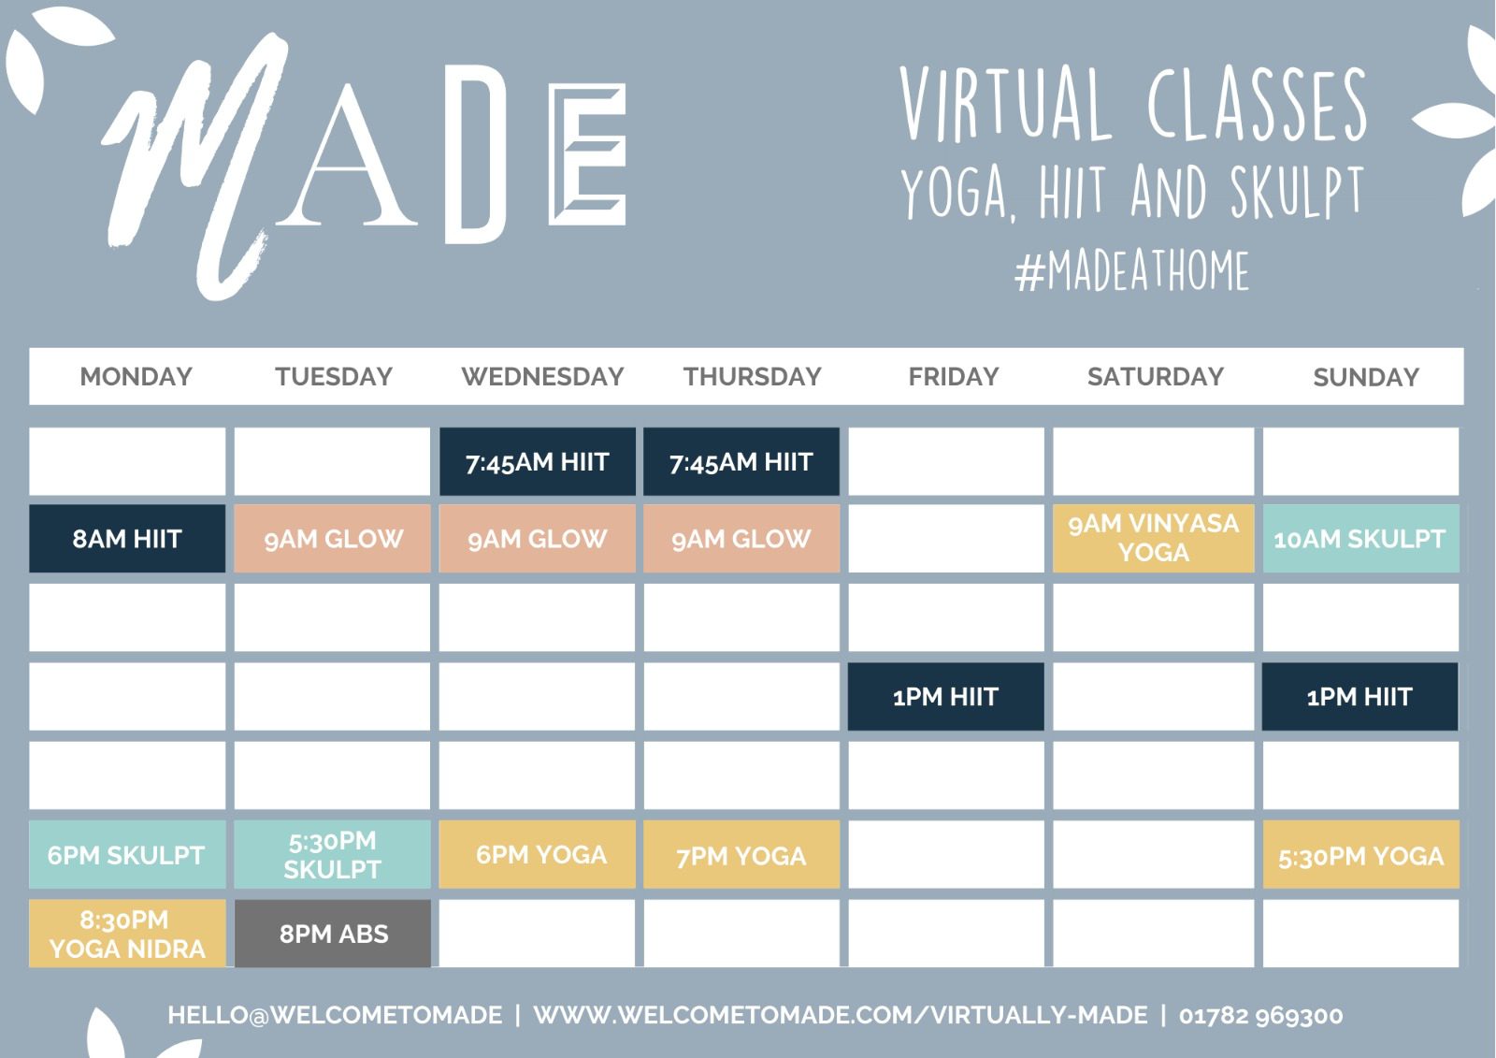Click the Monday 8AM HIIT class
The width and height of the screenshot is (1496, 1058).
click(x=127, y=538)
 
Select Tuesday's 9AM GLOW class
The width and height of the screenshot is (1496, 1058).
click(x=333, y=538)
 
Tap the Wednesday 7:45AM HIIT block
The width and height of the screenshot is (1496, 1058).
click(x=538, y=461)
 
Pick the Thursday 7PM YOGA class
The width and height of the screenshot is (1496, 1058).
click(x=741, y=855)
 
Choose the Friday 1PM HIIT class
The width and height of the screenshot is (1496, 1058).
click(x=945, y=696)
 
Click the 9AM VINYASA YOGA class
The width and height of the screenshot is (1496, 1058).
click(x=1154, y=538)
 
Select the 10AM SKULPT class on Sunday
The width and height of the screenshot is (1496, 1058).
click(x=1360, y=538)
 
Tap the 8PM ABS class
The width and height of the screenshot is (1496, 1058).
click(x=333, y=933)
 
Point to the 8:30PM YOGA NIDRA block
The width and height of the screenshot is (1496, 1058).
click(x=127, y=933)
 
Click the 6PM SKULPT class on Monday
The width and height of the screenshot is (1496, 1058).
click(x=127, y=855)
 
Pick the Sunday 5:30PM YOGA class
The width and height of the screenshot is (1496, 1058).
click(x=1360, y=855)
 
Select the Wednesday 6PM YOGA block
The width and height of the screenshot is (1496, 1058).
click(x=538, y=855)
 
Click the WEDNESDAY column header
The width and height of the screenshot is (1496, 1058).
click(x=542, y=376)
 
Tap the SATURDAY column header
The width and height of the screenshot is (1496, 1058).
click(x=1156, y=376)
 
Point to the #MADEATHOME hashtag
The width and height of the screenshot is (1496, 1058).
click(x=1131, y=270)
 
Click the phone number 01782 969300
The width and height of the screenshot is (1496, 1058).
click(x=1261, y=1015)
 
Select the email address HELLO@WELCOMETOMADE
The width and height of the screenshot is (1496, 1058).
click(x=335, y=1015)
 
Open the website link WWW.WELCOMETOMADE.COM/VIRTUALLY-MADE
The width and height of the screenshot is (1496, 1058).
click(x=841, y=1015)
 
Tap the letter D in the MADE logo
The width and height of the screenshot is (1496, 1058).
click(x=476, y=154)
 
